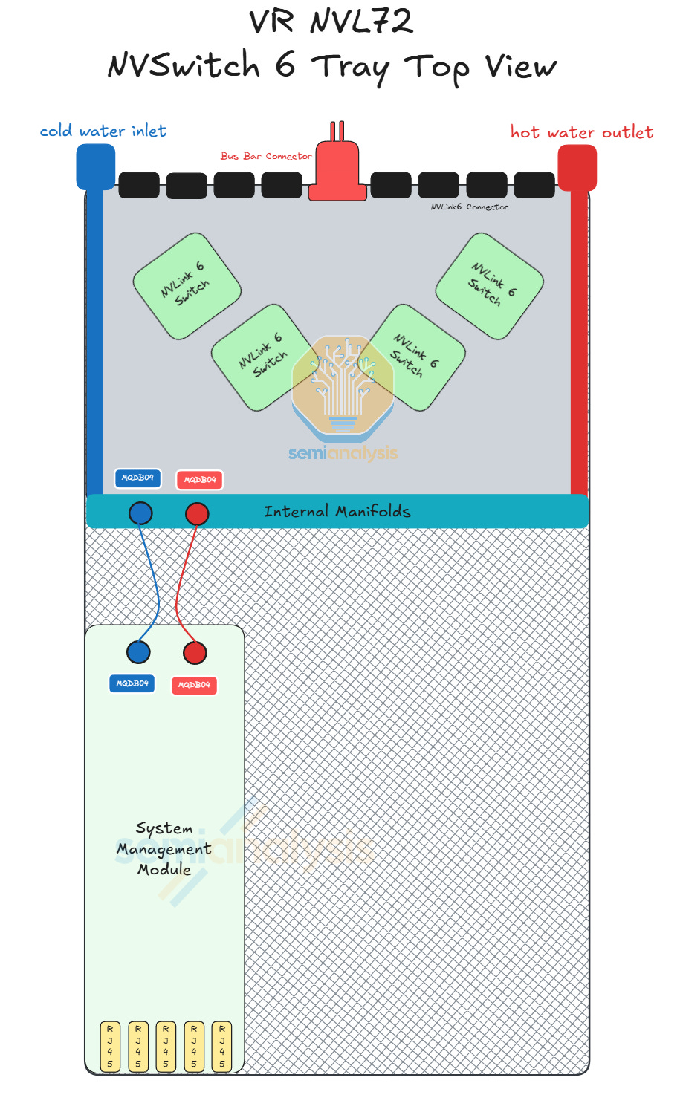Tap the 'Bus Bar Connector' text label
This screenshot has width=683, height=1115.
pyautogui.click(x=265, y=156)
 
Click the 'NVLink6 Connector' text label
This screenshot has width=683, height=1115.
pyautogui.click(x=470, y=207)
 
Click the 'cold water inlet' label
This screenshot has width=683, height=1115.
pyautogui.click(x=103, y=131)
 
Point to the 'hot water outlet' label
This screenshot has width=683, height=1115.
pyautogui.click(x=582, y=133)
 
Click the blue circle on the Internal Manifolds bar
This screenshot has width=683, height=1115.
pyautogui.click(x=140, y=513)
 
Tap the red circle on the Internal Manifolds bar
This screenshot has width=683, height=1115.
pyautogui.click(x=197, y=513)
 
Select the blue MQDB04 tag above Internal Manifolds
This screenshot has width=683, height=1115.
pyautogui.click(x=137, y=478)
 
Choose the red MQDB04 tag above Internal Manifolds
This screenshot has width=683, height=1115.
pyautogui.click(x=199, y=480)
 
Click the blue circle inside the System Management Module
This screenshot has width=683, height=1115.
pyautogui.click(x=138, y=652)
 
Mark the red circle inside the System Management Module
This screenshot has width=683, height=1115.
pyautogui.click(x=195, y=653)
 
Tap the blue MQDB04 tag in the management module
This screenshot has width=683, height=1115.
pyautogui.click(x=132, y=683)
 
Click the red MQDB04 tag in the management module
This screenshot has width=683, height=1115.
pyautogui.click(x=194, y=685)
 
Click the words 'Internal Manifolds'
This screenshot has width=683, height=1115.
pyautogui.click(x=337, y=511)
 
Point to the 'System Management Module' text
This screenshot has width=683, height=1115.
pyautogui.click(x=164, y=848)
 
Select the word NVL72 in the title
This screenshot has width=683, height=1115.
pyautogui.click(x=361, y=22)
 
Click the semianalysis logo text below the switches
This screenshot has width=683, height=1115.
pyautogui.click(x=343, y=453)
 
